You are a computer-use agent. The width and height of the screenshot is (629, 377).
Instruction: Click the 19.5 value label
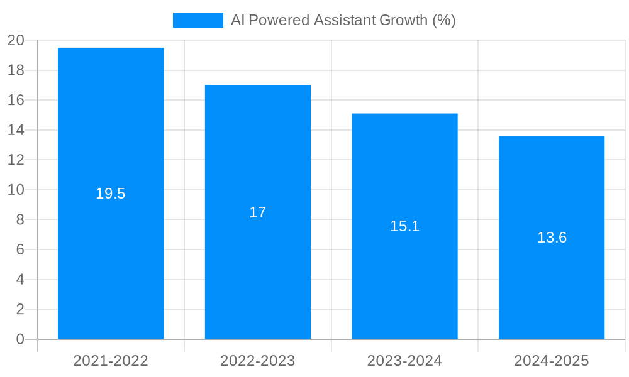111,194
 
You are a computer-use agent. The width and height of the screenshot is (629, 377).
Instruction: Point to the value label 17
258,212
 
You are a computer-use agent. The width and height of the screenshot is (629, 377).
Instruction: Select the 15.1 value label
404,226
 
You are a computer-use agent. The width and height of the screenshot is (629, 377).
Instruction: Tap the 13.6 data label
552,238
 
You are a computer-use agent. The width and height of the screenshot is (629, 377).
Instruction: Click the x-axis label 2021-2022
111,361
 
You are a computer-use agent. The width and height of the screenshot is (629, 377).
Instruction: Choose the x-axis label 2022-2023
258,361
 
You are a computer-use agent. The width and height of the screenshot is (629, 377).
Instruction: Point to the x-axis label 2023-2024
404,361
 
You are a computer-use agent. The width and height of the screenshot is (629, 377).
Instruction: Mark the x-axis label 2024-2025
552,361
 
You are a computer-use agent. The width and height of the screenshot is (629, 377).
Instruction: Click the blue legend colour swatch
198,20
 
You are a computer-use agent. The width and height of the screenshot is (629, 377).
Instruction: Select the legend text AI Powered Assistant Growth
343,20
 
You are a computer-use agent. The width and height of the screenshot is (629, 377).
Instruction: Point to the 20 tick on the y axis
16,40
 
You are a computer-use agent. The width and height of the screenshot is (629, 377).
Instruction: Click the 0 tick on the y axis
19,339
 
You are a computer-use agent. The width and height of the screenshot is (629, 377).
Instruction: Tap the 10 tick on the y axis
16,190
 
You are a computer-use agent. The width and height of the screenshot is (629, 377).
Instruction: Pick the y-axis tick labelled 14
16,130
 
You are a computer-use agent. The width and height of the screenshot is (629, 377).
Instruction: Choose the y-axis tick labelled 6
19,249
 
